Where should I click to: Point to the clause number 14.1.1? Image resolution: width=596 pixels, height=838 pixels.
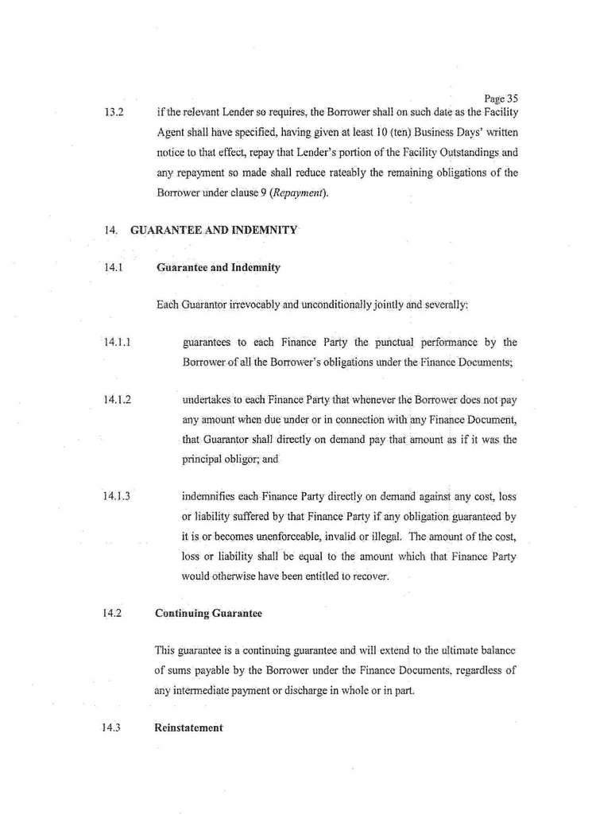(116, 343)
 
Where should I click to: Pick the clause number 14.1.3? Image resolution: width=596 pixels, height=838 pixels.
(116, 497)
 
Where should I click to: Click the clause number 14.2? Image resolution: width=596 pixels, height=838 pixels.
(112, 613)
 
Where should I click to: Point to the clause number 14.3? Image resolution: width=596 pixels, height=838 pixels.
(112, 728)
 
